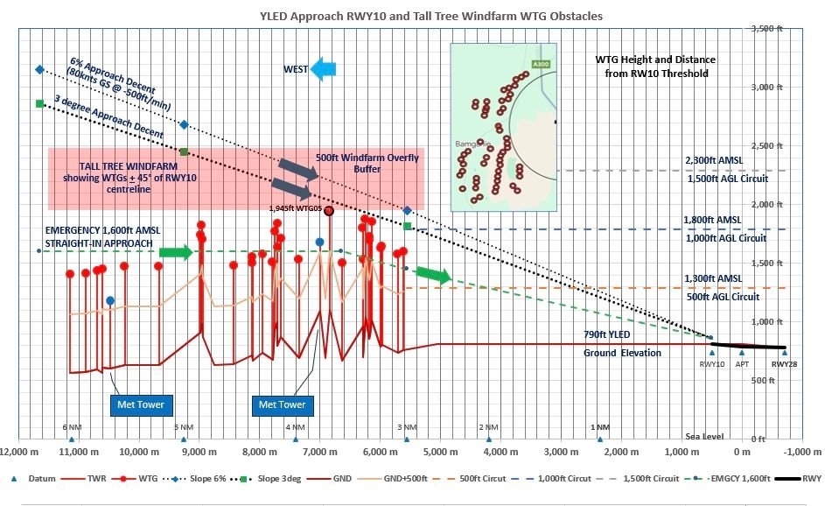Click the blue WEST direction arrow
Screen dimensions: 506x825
click(x=329, y=69)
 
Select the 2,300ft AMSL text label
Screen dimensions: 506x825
click(x=713, y=161)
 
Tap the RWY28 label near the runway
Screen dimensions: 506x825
click(x=784, y=363)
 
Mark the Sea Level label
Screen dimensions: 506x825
click(x=704, y=435)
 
